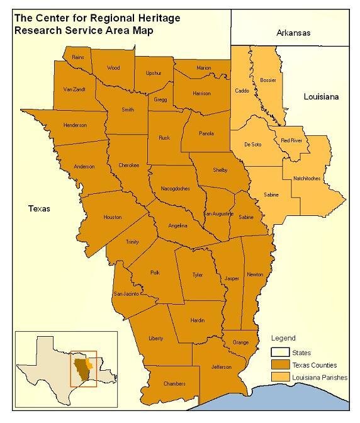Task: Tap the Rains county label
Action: click(x=78, y=57)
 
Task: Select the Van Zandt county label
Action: click(x=74, y=89)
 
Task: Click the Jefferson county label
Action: click(x=221, y=367)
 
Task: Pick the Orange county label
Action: click(x=240, y=342)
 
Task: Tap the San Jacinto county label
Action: click(x=126, y=294)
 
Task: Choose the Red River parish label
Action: click(x=291, y=140)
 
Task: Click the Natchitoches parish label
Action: click(x=307, y=178)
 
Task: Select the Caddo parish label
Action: click(x=242, y=91)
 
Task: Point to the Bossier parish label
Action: click(x=267, y=81)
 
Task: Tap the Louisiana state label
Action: click(x=321, y=97)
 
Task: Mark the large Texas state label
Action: click(x=39, y=208)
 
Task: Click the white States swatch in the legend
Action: click(x=280, y=353)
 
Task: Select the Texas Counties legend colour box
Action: click(x=280, y=365)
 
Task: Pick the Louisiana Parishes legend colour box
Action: click(x=280, y=377)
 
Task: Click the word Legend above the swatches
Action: click(x=283, y=339)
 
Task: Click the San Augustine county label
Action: click(x=218, y=214)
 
